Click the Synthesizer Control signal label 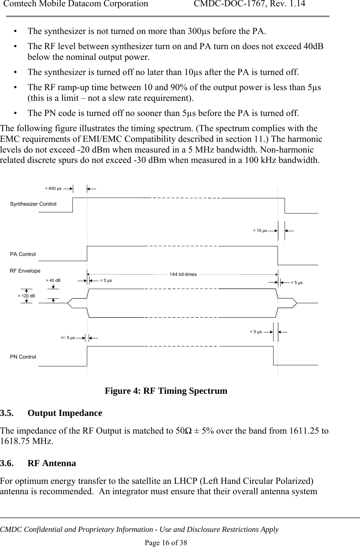33,204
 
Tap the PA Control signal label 23,254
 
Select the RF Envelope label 25,271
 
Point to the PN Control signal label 23,357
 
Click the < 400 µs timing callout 53,188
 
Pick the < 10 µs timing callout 260,230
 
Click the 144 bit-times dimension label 183,274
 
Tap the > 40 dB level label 53,280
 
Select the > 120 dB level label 27,296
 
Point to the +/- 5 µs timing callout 68,338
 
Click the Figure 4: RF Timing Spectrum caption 166,390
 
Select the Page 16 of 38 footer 166,542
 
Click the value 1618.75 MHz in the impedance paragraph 27,441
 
